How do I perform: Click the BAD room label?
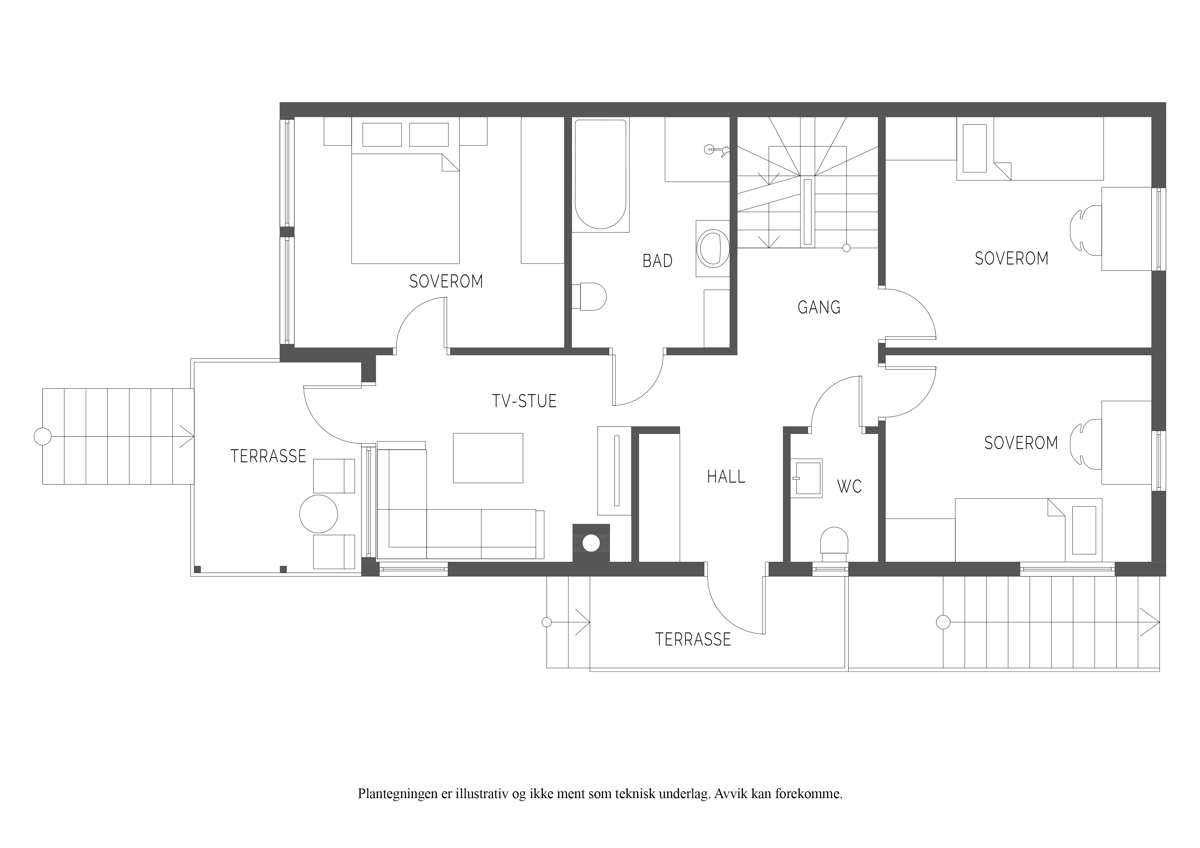[657, 261]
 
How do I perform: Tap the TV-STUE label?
[524, 401]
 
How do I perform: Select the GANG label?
[819, 307]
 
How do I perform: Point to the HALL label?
[726, 477]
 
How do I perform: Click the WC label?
[849, 487]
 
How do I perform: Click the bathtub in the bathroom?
[601, 174]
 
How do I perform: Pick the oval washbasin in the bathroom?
[714, 249]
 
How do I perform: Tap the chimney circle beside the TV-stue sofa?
[591, 543]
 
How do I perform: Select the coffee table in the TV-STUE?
[488, 458]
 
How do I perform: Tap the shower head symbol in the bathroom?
[716, 150]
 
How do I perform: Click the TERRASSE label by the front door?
[693, 639]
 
